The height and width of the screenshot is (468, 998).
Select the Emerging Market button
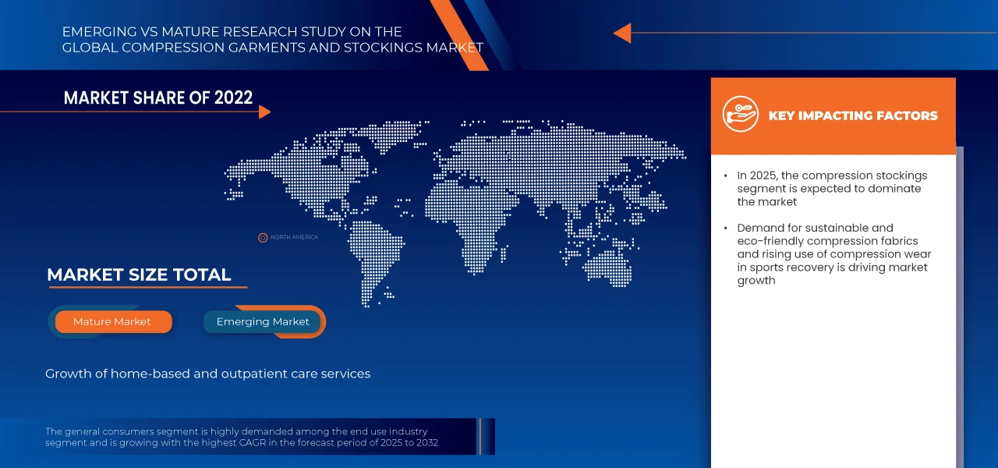tap(263, 322)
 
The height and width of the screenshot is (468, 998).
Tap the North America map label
tap(294, 237)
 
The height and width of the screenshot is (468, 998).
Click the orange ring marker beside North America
tap(263, 238)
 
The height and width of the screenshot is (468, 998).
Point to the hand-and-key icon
tap(741, 114)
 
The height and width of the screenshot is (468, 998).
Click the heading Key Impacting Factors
tap(853, 116)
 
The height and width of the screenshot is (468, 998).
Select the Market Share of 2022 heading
tap(158, 97)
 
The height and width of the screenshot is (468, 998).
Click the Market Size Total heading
tap(139, 275)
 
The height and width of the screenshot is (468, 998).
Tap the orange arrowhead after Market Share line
tap(264, 112)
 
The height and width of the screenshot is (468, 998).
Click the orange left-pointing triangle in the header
tap(623, 33)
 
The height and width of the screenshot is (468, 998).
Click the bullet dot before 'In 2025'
tap(726, 176)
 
